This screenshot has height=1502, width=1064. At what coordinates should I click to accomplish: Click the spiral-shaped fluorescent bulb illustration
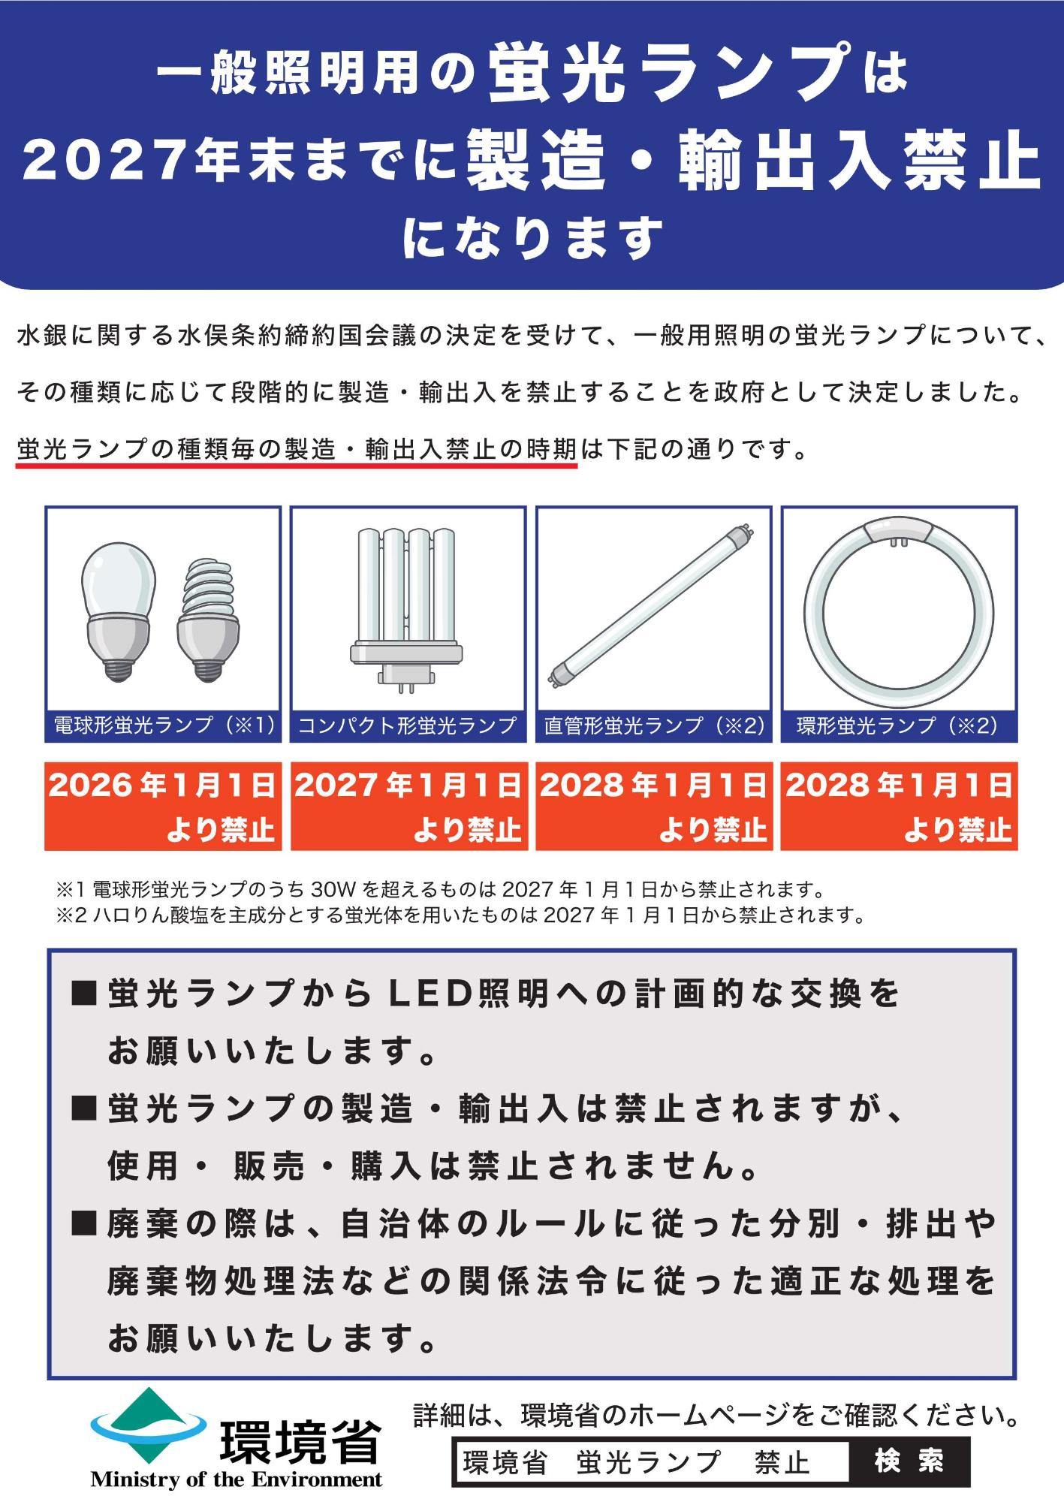coord(208,619)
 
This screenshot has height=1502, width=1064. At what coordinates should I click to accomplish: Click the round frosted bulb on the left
coord(118,610)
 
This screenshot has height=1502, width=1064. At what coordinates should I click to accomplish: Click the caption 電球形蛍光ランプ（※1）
coord(163,725)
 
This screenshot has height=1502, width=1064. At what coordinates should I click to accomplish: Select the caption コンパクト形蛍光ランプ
coord(408,725)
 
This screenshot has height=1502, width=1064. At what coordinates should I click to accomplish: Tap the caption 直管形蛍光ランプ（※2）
coord(653,725)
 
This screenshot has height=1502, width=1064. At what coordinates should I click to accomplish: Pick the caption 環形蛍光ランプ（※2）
coord(898,725)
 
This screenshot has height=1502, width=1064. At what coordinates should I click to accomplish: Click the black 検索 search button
coord(909,1461)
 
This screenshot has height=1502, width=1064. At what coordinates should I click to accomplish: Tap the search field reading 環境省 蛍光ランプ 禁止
coord(650,1461)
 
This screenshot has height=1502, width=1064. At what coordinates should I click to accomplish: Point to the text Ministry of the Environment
coord(236,1480)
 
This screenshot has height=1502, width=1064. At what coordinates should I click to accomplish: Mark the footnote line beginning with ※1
coord(441,891)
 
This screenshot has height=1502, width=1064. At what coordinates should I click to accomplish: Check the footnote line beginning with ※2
coord(461,915)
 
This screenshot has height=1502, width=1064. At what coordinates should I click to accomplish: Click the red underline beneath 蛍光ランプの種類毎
coord(297,466)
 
